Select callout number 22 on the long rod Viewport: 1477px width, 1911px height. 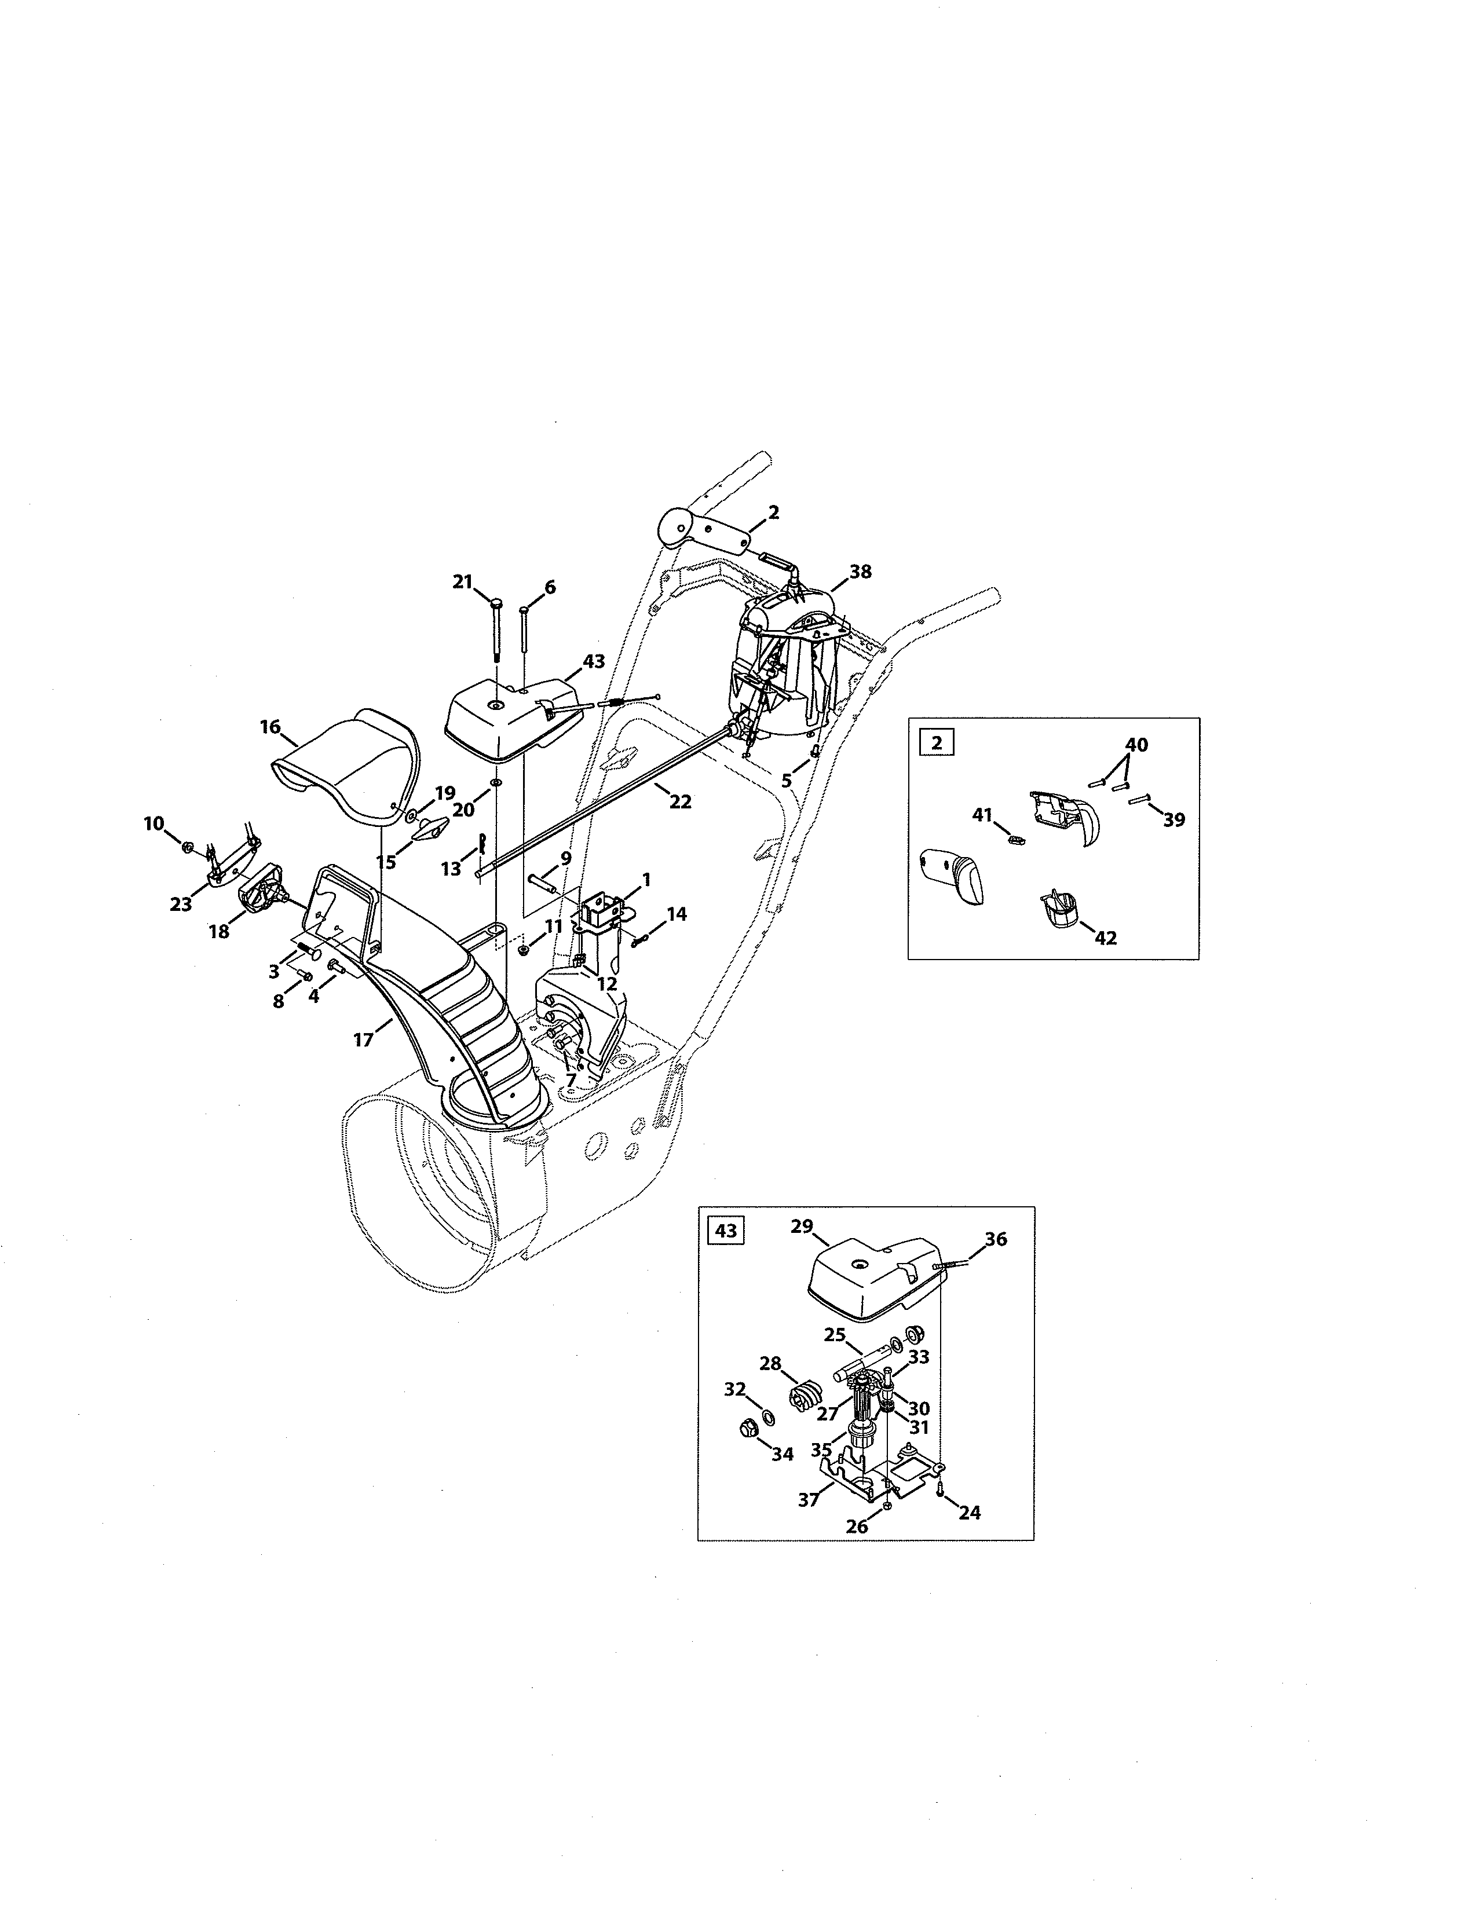[680, 801]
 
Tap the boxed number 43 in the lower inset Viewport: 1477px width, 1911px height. [725, 1230]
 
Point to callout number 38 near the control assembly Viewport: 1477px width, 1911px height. [860, 572]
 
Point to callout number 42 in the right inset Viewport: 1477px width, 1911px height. [1105, 938]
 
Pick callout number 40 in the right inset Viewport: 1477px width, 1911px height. [1136, 745]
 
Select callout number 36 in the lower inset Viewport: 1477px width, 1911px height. [996, 1239]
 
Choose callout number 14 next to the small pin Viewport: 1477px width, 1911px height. [677, 914]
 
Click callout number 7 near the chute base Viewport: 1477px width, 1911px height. [571, 1080]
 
